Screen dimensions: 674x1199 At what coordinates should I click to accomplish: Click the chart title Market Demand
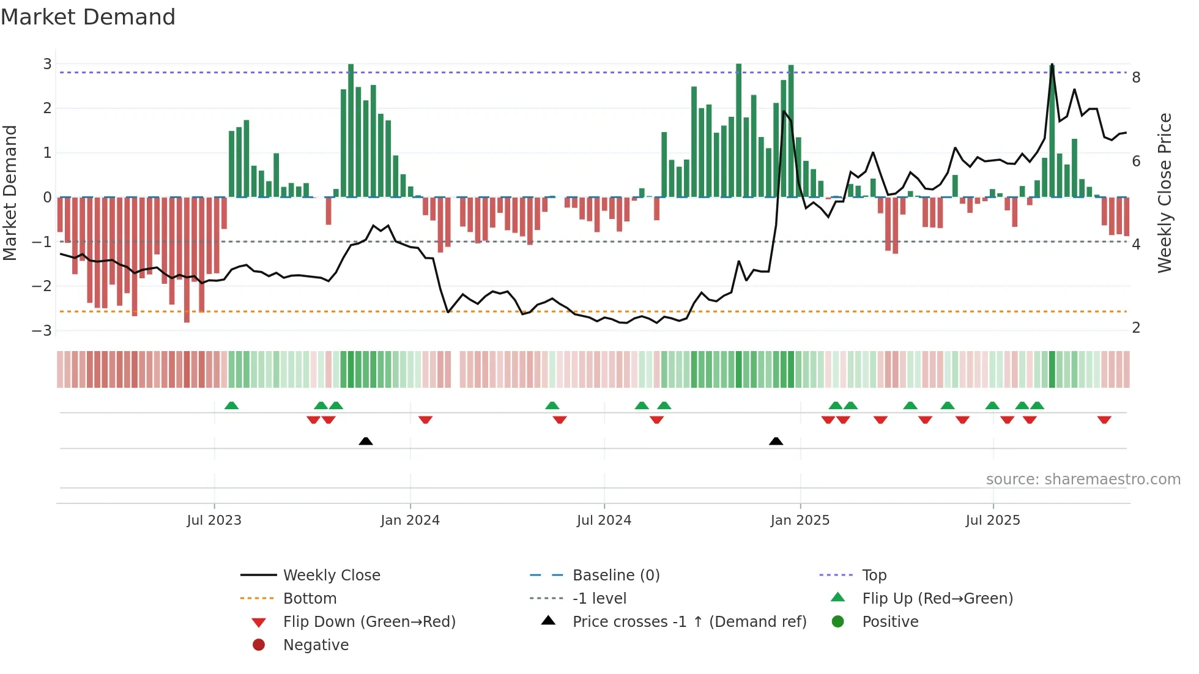tap(88, 17)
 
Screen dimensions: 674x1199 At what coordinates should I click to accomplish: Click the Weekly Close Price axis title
tap(1165, 193)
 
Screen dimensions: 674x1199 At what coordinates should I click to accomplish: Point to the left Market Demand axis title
tap(10, 193)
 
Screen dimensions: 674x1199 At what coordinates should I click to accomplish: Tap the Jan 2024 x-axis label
tap(410, 520)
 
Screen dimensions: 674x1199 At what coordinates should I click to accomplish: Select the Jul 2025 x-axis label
tap(993, 520)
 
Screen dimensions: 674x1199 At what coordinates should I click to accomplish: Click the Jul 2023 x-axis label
tap(214, 520)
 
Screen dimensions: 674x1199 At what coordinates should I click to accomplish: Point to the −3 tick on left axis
tap(42, 331)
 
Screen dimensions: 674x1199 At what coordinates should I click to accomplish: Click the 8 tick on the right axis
tap(1136, 78)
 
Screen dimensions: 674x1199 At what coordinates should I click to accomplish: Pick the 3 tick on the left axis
tap(47, 64)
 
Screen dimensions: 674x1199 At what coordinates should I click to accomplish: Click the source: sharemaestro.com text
tap(1083, 480)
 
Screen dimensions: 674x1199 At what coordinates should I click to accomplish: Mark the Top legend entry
tap(874, 576)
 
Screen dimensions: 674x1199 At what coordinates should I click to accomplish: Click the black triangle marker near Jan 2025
tap(776, 441)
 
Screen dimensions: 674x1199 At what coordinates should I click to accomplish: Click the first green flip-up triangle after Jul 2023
tap(231, 406)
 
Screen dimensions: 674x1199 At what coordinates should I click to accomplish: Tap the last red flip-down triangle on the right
tap(1104, 420)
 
